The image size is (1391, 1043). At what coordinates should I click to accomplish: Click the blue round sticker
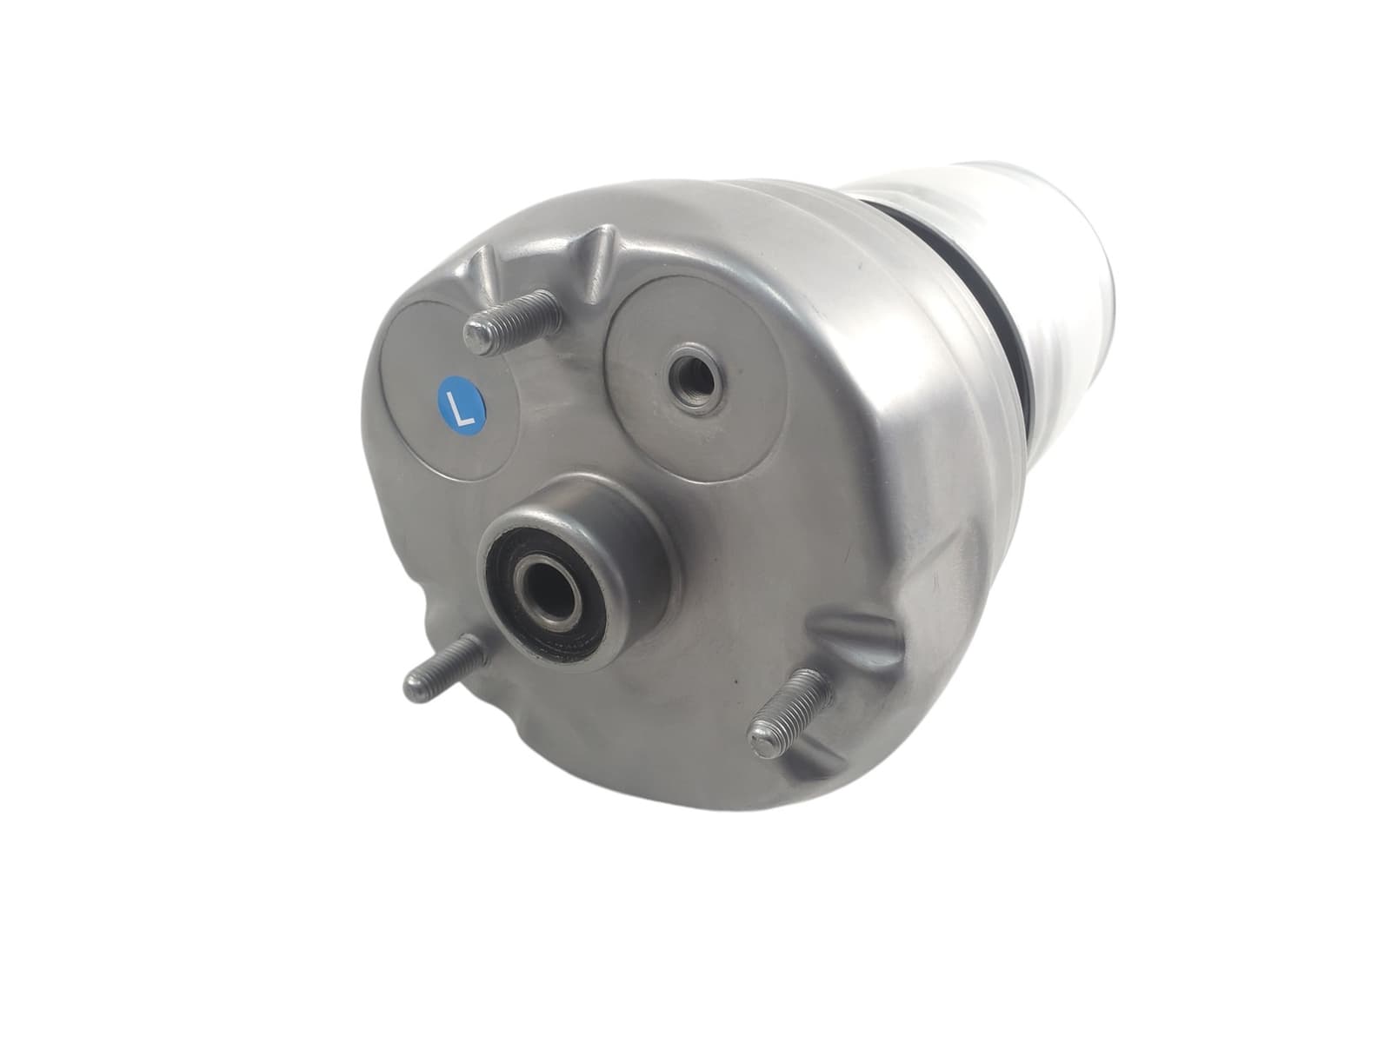point(462,401)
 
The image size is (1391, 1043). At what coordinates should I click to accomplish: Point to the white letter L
point(461,402)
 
